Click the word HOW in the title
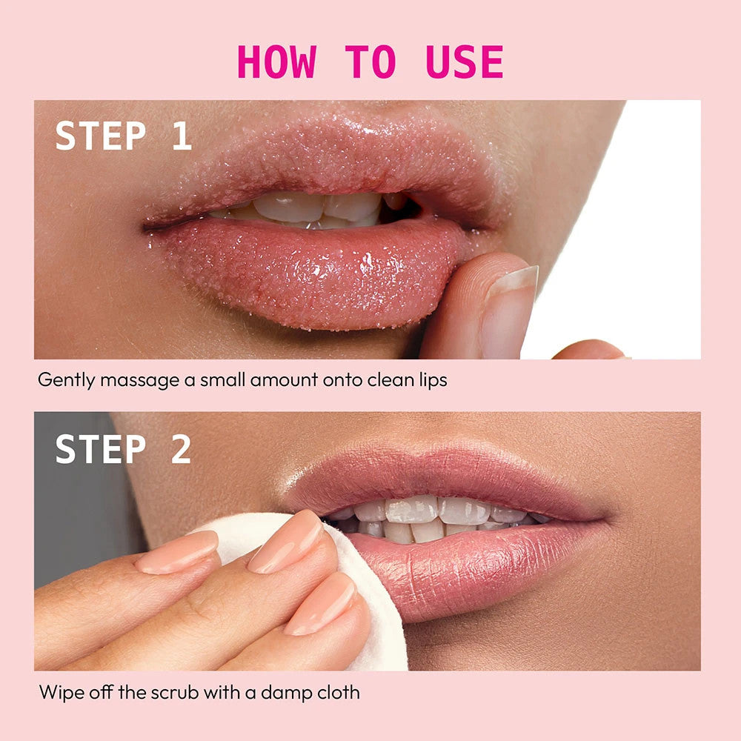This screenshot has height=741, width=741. point(276,62)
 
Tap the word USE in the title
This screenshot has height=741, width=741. point(464,62)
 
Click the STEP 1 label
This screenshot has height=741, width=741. point(123,136)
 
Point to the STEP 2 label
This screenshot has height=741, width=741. point(123,449)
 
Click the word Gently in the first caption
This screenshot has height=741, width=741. point(66,380)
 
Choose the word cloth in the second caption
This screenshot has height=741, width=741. point(339,693)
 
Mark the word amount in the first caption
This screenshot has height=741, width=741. point(284,380)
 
